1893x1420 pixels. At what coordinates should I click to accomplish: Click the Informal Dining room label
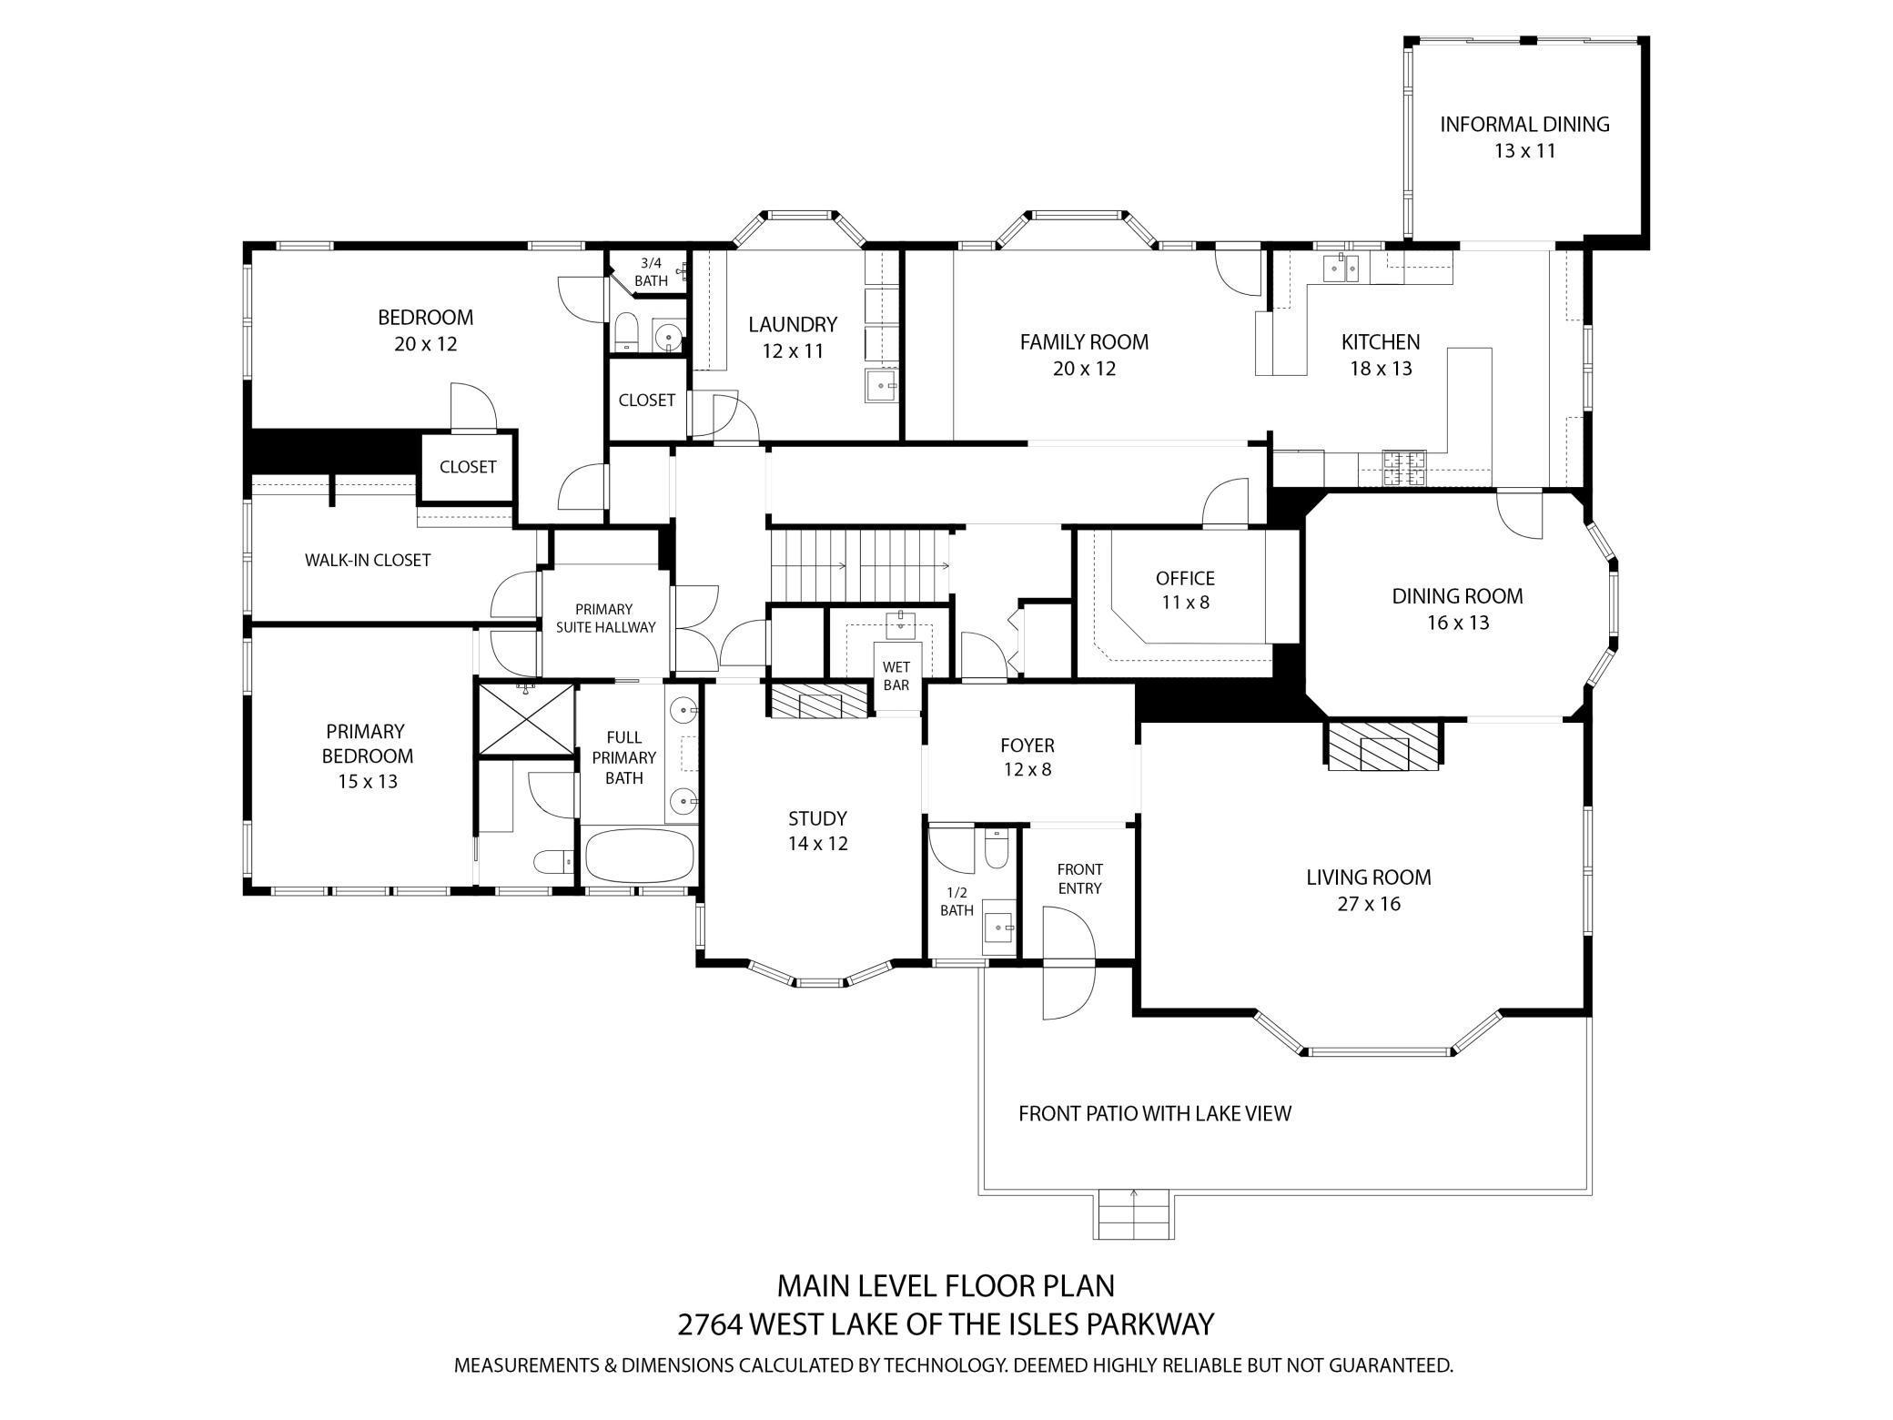pos(1524,125)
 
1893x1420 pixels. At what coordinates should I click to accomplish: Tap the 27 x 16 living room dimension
pos(1368,904)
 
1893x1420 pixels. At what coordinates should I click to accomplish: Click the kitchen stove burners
pos(1404,468)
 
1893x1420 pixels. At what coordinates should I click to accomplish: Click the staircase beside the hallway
pos(860,565)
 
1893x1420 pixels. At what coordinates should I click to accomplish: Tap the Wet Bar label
pos(896,676)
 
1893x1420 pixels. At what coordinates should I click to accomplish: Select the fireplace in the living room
pos(1383,746)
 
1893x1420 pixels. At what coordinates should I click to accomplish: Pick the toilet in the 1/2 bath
pos(997,849)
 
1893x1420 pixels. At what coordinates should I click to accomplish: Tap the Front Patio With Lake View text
pos(1154,1113)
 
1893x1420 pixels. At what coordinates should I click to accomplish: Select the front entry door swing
pos(1067,974)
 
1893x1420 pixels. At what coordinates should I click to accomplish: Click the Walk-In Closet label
pos(367,560)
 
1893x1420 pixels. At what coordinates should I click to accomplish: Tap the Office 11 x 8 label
pos(1185,590)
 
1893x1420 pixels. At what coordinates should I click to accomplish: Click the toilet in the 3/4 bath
pos(626,331)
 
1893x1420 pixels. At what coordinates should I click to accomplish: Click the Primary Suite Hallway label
pos(605,618)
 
